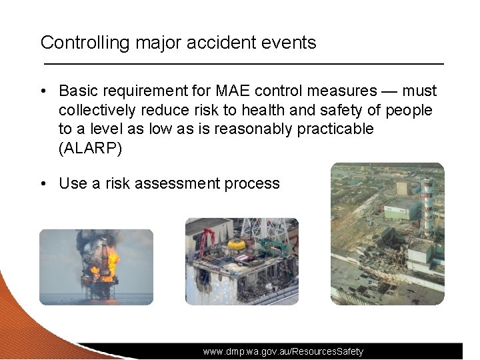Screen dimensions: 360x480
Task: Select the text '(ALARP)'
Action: tap(91, 148)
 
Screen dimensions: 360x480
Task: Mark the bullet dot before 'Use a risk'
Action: tap(44, 183)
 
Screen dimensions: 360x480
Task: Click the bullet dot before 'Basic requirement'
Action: tap(44, 91)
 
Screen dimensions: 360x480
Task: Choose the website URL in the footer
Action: tap(283, 351)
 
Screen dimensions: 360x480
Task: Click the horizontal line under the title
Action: tap(243, 63)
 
